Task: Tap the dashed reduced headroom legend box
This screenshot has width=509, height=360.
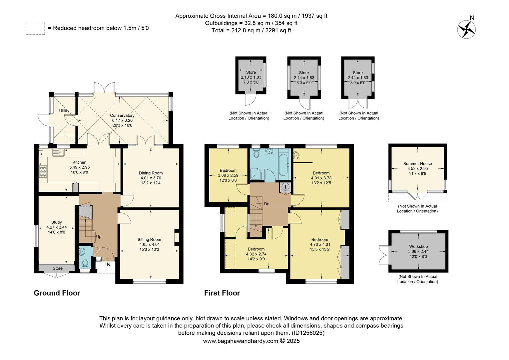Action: (35, 28)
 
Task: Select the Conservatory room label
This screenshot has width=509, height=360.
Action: (122, 115)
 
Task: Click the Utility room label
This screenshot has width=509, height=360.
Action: (64, 111)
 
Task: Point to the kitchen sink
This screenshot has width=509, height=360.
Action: (59, 153)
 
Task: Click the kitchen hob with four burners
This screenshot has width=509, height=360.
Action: (43, 171)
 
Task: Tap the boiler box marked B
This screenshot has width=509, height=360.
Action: (41, 154)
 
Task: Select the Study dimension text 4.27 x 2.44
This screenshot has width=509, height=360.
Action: (56, 227)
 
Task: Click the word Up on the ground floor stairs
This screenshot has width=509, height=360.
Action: (99, 237)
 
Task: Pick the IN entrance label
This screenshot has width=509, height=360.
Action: (108, 264)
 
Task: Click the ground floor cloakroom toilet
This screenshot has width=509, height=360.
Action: (85, 263)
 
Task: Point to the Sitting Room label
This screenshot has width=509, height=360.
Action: (149, 239)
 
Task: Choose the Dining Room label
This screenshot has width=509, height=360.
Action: (151, 173)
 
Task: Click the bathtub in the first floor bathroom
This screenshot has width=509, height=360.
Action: (284, 165)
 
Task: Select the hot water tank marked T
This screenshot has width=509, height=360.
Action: (285, 187)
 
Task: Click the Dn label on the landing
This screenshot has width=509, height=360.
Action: (267, 204)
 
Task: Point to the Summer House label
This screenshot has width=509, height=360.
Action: (417, 163)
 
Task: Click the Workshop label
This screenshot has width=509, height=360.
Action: (418, 246)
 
